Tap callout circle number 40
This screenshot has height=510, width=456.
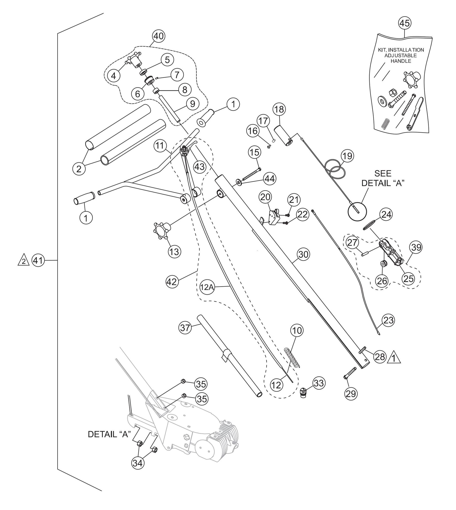(x=159, y=36)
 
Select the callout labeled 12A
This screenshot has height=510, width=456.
(x=207, y=287)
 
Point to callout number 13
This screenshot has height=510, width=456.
(x=174, y=252)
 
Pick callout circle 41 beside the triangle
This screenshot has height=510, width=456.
(x=38, y=261)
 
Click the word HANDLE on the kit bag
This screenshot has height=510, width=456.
(x=401, y=61)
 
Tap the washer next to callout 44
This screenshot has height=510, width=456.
(x=239, y=181)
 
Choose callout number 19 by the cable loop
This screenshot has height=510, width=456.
(x=347, y=156)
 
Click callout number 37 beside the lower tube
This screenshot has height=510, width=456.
(x=185, y=328)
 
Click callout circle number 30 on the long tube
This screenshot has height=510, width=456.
(x=303, y=255)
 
